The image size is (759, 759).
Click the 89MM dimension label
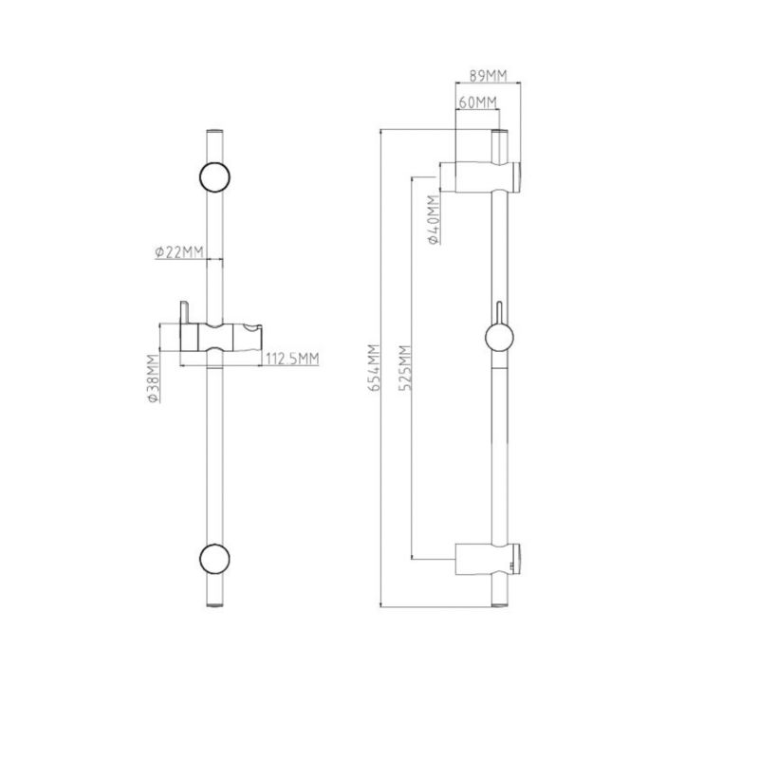point(488,76)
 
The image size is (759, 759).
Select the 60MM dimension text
point(478,102)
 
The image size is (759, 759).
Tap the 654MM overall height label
point(374,367)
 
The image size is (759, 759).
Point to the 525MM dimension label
point(405,367)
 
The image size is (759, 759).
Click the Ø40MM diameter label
point(434,219)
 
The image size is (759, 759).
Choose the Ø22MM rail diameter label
point(179,252)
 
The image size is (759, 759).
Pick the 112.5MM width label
point(292,359)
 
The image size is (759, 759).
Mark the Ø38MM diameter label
point(153,379)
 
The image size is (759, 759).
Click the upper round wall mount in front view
point(214,176)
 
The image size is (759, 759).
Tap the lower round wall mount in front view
point(214,559)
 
